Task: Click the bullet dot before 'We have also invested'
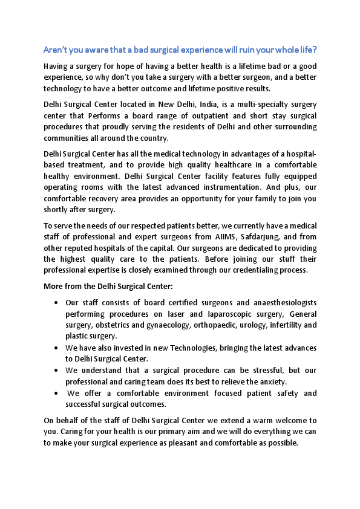[56, 349]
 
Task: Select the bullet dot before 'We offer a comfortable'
[56, 394]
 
